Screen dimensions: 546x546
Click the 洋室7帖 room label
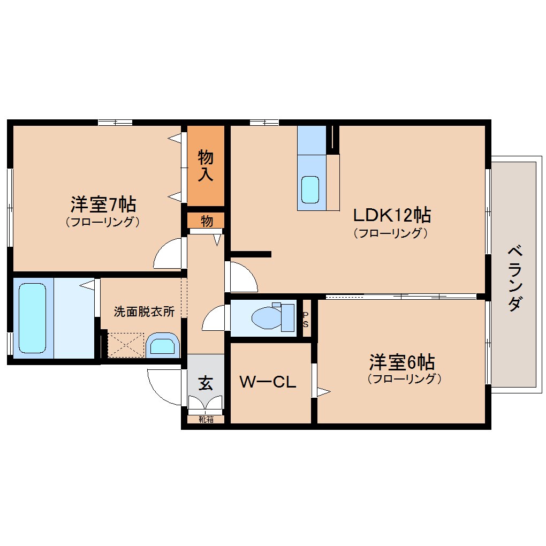click(103, 204)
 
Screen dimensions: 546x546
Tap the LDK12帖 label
click(392, 215)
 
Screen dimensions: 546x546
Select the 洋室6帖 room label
click(401, 362)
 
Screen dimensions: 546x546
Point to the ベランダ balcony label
click(514, 278)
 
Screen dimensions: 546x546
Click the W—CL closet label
click(267, 382)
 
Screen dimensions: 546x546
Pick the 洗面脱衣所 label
click(144, 312)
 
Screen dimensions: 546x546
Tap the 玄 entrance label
click(206, 383)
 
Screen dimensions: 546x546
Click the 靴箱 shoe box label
click(206, 420)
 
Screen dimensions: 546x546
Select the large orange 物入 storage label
click(206, 166)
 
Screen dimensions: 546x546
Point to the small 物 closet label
click(206, 220)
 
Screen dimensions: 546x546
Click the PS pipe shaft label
click(306, 320)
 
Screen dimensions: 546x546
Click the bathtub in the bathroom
click(33, 318)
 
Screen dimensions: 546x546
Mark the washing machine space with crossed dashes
click(125, 345)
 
